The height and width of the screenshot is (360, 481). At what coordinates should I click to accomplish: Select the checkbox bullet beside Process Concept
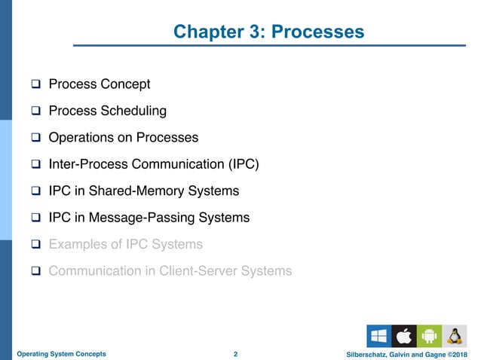(35, 84)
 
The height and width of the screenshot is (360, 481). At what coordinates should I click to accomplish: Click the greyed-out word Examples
(78, 244)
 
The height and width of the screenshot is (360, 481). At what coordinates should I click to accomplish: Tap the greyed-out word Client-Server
(205, 270)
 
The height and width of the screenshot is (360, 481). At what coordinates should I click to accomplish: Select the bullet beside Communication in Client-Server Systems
(35, 271)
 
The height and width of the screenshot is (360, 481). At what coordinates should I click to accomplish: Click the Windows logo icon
(378, 335)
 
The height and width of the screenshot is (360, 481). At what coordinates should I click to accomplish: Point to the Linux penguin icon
(453, 335)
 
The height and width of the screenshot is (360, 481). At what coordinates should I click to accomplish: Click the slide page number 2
(236, 353)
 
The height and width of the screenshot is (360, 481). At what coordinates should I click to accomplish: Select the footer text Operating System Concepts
(61, 353)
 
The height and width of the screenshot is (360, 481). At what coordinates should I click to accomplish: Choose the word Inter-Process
(93, 164)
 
